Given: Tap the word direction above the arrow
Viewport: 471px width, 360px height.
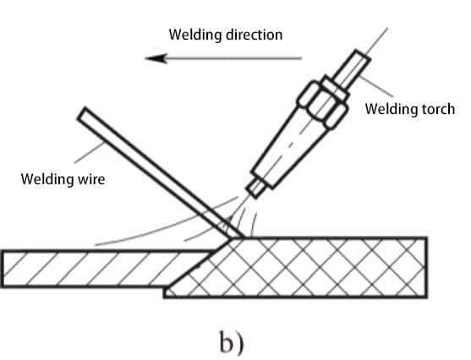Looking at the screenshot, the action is [x=255, y=35].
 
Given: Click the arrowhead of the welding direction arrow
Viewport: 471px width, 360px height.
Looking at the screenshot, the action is [x=156, y=58].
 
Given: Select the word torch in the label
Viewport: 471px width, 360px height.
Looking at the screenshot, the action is [x=439, y=109].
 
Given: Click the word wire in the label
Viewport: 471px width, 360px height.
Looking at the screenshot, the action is [x=91, y=179].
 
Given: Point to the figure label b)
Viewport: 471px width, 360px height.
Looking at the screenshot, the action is [x=232, y=342].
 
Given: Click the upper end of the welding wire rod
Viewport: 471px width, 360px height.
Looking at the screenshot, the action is [x=81, y=113].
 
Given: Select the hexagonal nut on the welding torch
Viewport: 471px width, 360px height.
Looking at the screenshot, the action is [x=323, y=102].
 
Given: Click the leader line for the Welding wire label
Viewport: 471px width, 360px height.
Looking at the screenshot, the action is [x=90, y=153].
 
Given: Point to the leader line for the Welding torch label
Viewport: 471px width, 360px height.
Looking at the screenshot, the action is [x=376, y=86].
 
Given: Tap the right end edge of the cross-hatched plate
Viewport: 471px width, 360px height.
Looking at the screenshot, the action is [x=425, y=267].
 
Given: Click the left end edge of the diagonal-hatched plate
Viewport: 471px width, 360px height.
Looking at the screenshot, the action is [x=3, y=269].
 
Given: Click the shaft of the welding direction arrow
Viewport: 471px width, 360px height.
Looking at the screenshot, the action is [x=234, y=58].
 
